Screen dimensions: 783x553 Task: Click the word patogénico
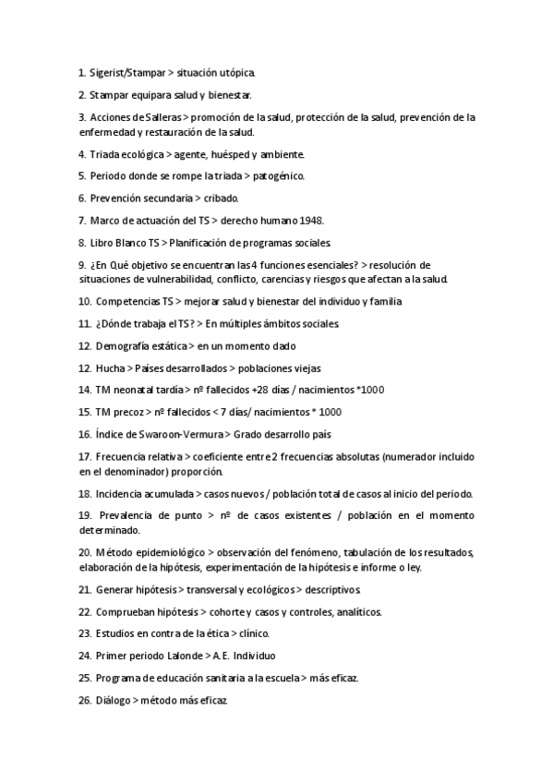click(x=276, y=175)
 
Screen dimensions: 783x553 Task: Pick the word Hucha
click(x=106, y=367)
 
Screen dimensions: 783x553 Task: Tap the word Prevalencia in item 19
click(x=130, y=515)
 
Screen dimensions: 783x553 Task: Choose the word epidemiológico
click(x=170, y=552)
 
